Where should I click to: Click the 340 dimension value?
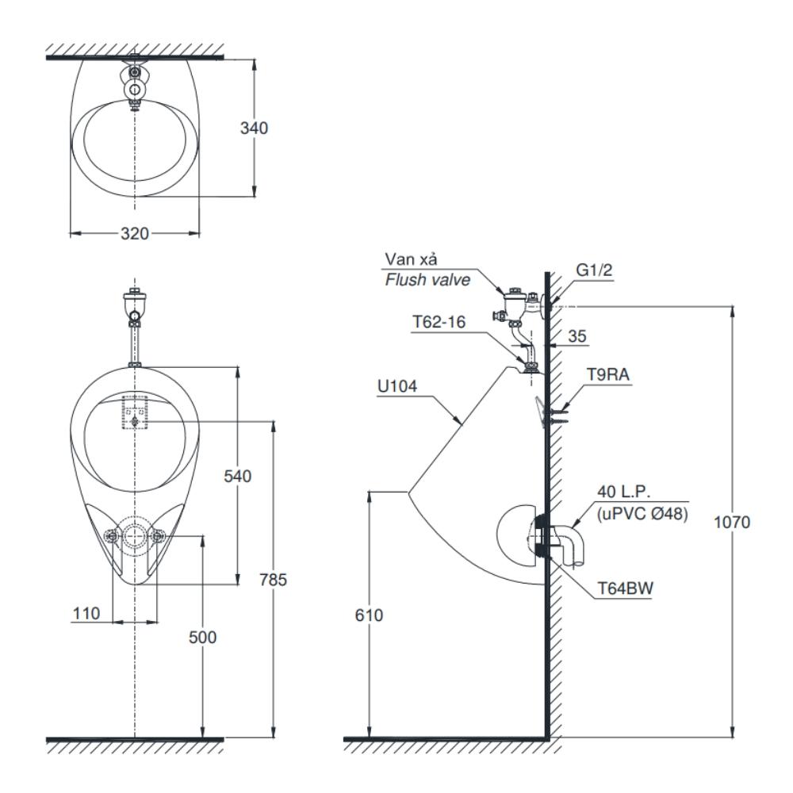254,128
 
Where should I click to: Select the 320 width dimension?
135,234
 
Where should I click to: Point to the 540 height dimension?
237,476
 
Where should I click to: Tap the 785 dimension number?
273,580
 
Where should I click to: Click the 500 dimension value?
202,638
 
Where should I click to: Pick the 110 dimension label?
86,614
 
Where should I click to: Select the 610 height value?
369,615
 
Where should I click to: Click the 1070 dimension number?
732,522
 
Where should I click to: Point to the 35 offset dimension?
577,335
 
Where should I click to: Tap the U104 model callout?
397,386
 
